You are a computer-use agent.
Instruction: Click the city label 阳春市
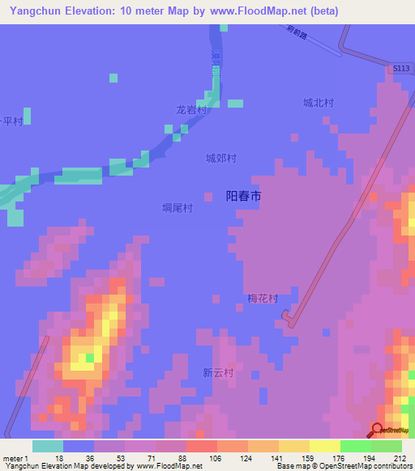[242, 197]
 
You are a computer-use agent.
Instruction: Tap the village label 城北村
[319, 103]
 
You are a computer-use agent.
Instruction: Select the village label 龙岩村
[192, 110]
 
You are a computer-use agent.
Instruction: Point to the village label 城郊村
[220, 159]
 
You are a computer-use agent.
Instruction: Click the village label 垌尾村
[178, 208]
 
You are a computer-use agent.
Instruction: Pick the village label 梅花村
[263, 299]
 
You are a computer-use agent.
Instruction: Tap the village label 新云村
[218, 373]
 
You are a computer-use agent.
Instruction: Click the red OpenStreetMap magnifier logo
[379, 431]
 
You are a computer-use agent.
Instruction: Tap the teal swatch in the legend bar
[48, 446]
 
